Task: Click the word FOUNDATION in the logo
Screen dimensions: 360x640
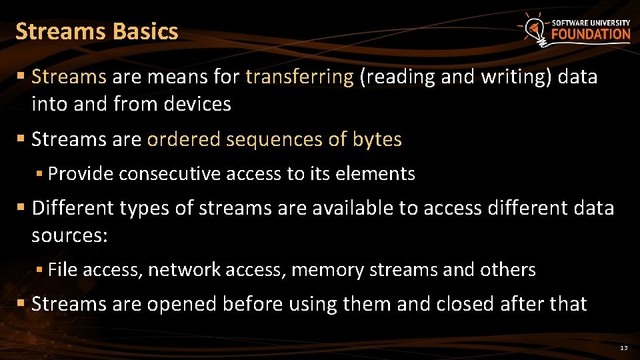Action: pyautogui.click(x=591, y=34)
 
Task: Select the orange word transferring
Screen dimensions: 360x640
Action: pyautogui.click(x=299, y=77)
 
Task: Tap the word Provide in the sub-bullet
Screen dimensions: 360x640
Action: pyautogui.click(x=81, y=175)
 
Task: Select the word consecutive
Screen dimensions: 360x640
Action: pyautogui.click(x=170, y=175)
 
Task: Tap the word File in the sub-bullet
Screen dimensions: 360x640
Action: pyautogui.click(x=63, y=270)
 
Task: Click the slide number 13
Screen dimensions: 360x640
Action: pyautogui.click(x=623, y=349)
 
